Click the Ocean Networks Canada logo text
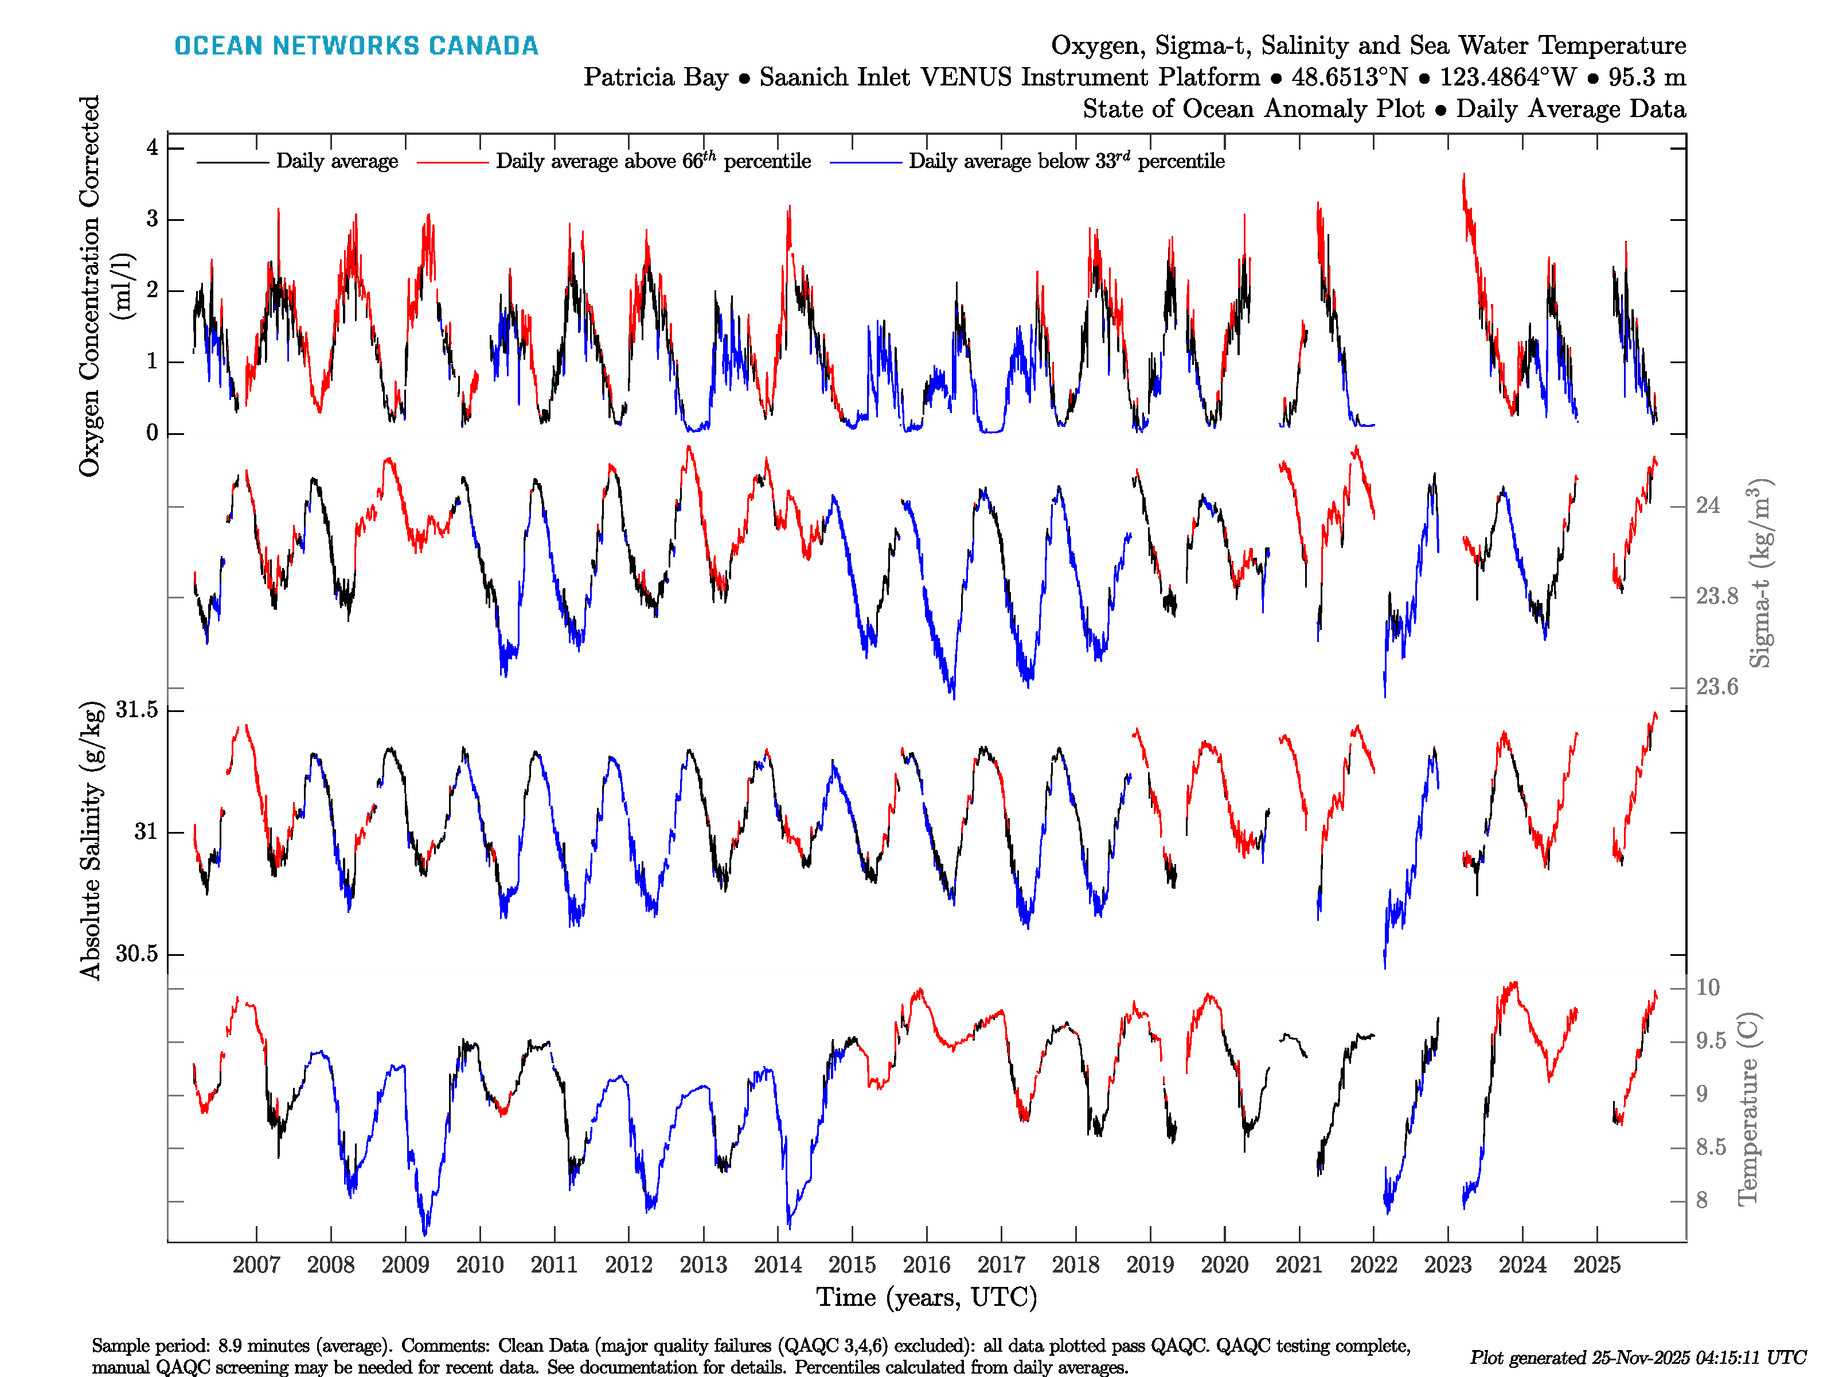coord(356,46)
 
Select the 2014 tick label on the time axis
coord(778,1265)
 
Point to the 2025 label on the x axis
coord(1596,1265)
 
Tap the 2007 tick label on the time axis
coord(256,1265)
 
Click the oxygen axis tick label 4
coord(152,148)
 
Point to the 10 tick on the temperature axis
coord(1707,988)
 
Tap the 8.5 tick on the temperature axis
coord(1711,1148)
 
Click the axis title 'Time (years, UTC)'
coord(927,1297)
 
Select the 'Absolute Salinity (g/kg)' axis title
coord(91,840)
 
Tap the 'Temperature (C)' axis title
coord(1747,1108)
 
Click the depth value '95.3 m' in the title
coord(1647,77)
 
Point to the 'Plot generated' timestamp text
coord(1638,1357)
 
